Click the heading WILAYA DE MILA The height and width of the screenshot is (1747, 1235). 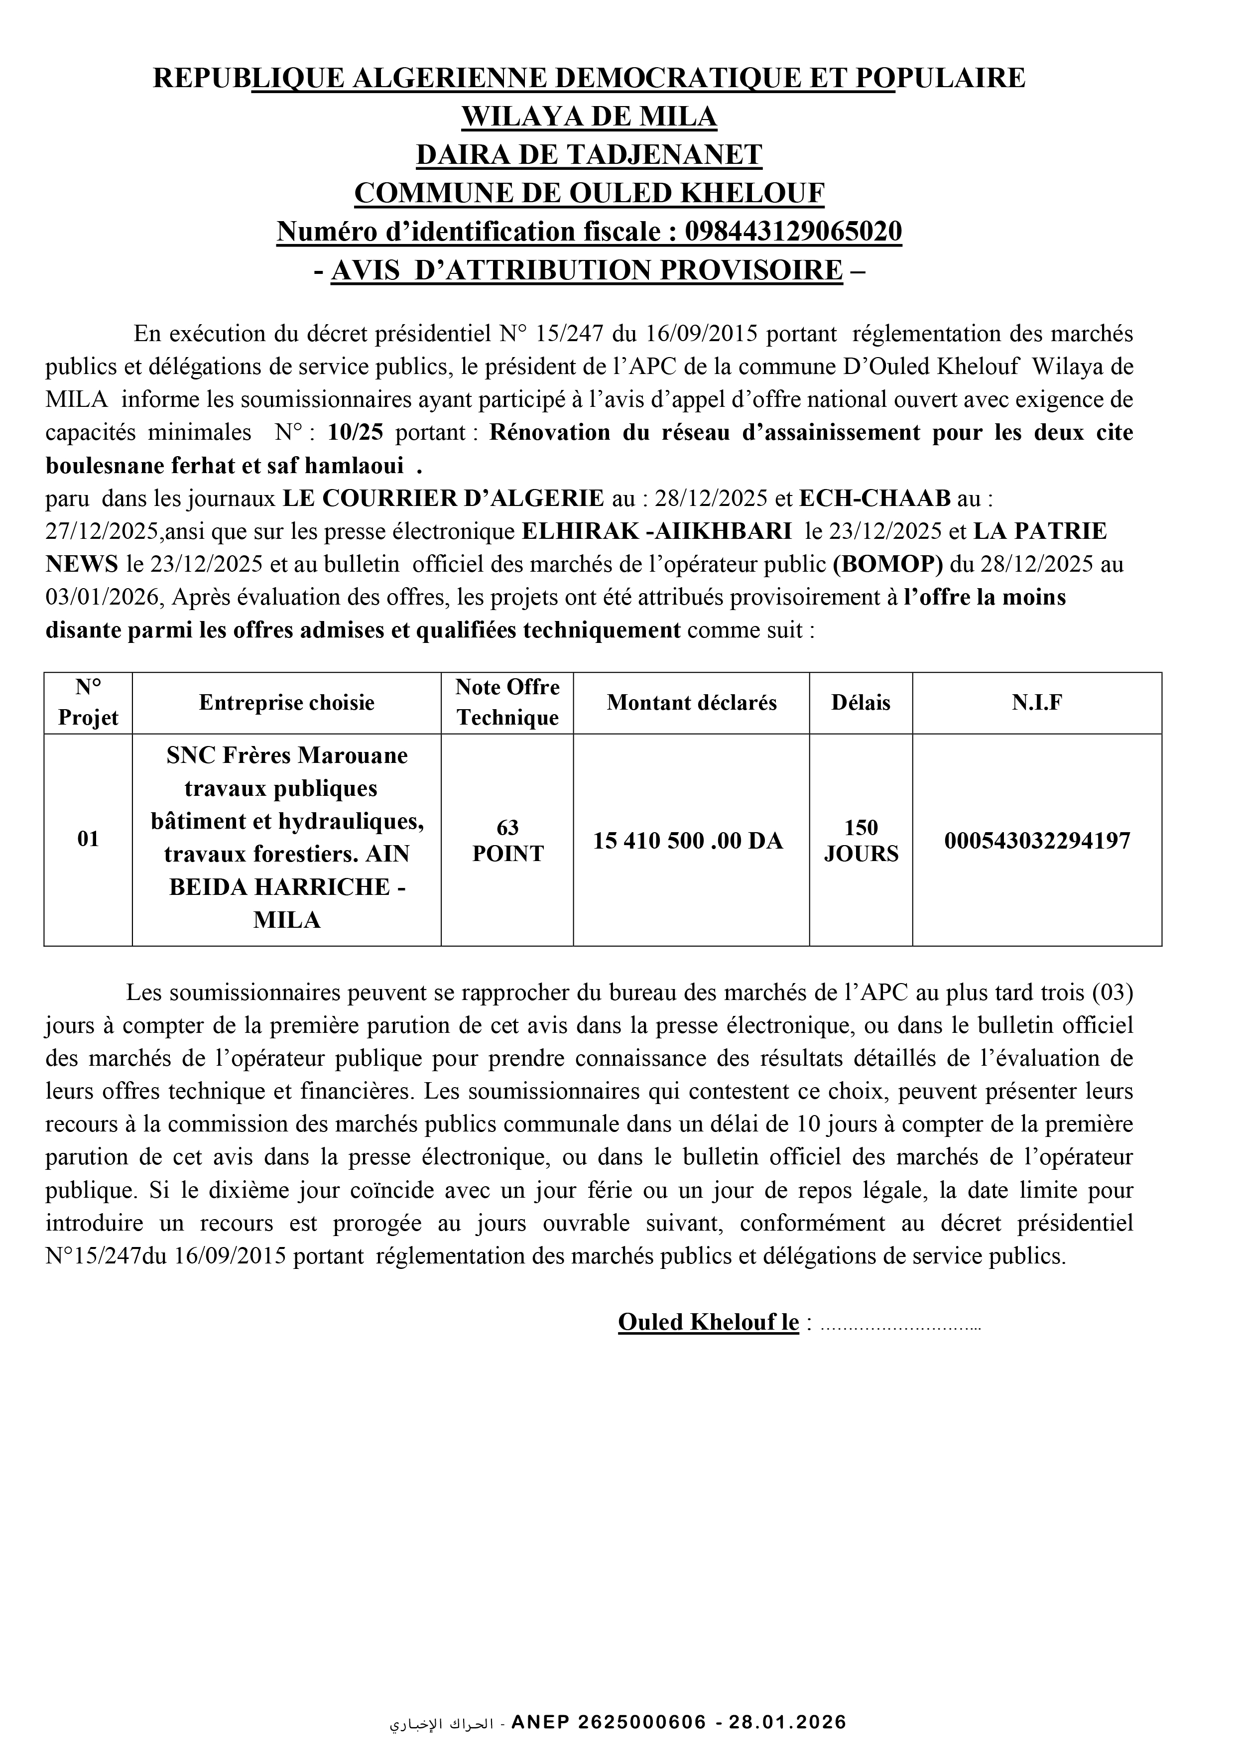[589, 117]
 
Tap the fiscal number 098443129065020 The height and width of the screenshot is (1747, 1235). [794, 231]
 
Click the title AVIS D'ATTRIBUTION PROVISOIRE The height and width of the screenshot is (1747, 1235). [588, 270]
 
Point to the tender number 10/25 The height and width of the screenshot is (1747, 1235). [356, 432]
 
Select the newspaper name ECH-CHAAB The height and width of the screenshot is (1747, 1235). [875, 499]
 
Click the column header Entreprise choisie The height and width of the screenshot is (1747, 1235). [287, 702]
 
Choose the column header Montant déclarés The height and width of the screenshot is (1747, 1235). [692, 702]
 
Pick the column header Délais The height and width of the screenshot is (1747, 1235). [861, 702]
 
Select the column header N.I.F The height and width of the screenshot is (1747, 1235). [1037, 702]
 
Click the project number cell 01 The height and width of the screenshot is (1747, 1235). [88, 839]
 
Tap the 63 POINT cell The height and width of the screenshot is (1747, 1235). [507, 840]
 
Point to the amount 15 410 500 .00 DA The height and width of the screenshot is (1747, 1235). [688, 841]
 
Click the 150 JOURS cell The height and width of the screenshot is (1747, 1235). [861, 840]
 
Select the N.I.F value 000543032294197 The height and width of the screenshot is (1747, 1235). [1037, 841]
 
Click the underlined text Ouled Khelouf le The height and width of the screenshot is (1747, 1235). [709, 1322]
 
